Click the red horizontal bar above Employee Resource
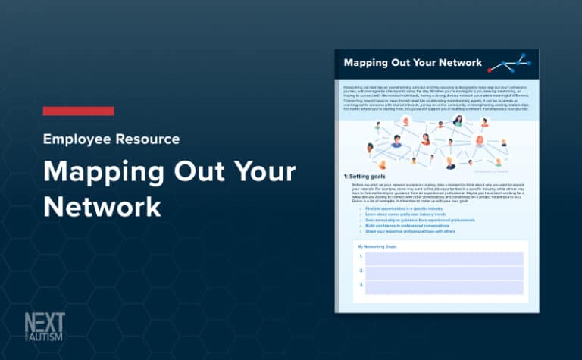coord(78,111)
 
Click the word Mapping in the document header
coord(369,63)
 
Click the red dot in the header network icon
coord(490,70)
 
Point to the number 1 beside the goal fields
coord(361,258)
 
